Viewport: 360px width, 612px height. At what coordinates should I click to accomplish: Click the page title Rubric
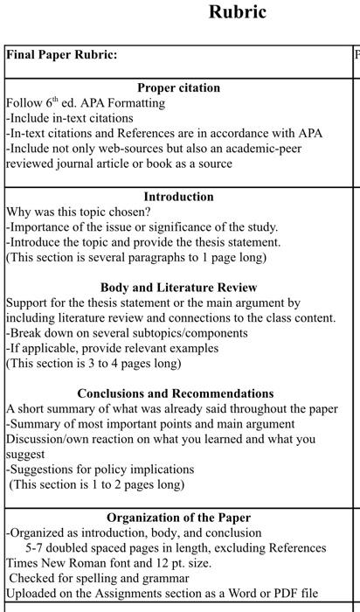pyautogui.click(x=238, y=12)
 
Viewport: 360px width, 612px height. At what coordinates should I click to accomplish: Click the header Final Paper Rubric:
pyautogui.click(x=62, y=54)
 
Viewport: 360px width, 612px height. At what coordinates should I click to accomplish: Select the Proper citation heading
pyautogui.click(x=178, y=87)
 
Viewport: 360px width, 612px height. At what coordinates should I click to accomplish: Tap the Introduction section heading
pyautogui.click(x=178, y=197)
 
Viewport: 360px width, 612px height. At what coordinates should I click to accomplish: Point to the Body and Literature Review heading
pyautogui.click(x=178, y=288)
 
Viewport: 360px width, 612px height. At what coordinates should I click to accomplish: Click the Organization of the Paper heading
pyautogui.click(x=178, y=518)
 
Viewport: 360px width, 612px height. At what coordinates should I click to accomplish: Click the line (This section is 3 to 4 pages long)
pyautogui.click(x=93, y=363)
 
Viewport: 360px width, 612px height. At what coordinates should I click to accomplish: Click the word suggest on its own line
pyautogui.click(x=24, y=455)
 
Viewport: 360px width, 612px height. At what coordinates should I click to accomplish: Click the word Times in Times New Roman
pyautogui.click(x=23, y=563)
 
